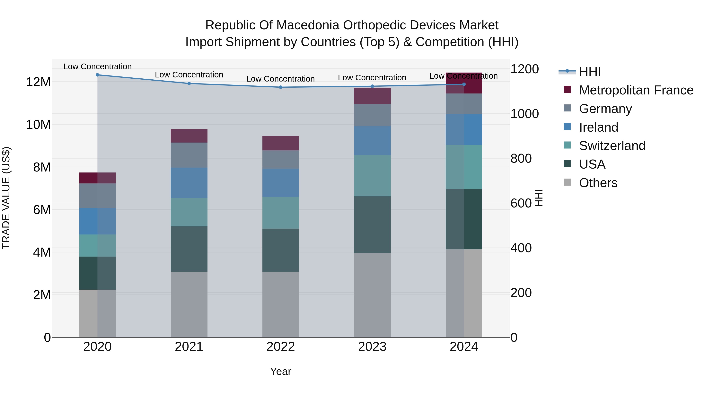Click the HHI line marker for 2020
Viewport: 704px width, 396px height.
[x=98, y=75]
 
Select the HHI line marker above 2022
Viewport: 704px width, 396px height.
[x=281, y=87]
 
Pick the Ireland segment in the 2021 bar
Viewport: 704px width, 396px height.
[x=189, y=183]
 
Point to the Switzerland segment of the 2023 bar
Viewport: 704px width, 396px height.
[x=372, y=176]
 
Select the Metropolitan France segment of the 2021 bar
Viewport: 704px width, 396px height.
[x=189, y=136]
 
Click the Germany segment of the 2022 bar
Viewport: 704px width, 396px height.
[x=281, y=160]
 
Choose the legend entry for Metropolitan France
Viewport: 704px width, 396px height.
[x=636, y=90]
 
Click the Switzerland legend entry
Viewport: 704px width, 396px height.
[x=612, y=146]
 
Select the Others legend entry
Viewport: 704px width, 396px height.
[x=598, y=183]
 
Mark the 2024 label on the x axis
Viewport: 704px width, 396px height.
[x=464, y=347]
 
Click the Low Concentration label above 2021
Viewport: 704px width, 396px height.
[x=189, y=75]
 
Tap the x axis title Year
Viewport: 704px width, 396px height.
[x=281, y=371]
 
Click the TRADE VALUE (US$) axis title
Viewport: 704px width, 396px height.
[x=6, y=198]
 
